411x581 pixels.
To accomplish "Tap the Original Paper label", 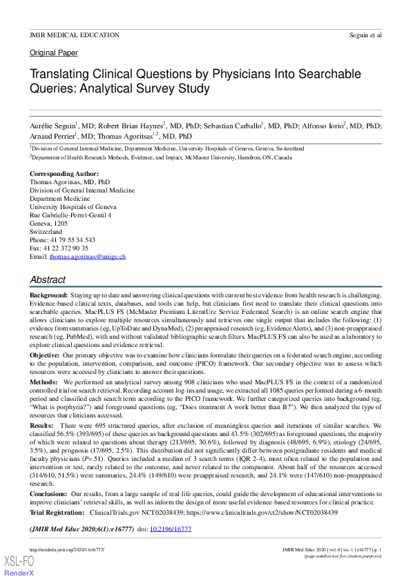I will click(x=54, y=52).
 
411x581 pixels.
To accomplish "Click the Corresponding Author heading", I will click(x=64, y=173).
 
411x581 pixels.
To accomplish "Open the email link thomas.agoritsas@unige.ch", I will click(x=87, y=256).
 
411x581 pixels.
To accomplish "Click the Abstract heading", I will click(x=48, y=280).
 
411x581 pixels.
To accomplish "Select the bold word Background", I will click(x=48, y=295).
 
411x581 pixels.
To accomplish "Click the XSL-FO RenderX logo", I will click(x=19, y=564).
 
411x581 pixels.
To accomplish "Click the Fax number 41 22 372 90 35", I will click(x=66, y=248).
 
